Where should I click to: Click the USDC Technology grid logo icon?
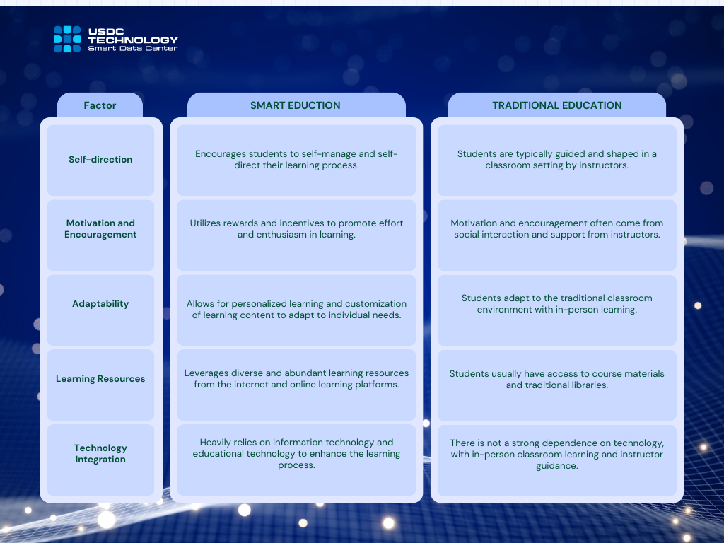click(67, 40)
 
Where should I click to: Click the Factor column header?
click(100, 105)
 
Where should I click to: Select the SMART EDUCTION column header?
click(296, 105)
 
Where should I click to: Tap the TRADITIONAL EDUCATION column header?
click(557, 105)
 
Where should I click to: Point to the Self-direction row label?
click(100, 160)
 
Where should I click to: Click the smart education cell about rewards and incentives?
click(296, 235)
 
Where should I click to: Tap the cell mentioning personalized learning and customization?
click(296, 310)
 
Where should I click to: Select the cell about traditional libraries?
click(557, 385)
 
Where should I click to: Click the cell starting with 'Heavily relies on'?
click(296, 460)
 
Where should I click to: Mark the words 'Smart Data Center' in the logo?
click(132, 49)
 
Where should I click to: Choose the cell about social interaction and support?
click(557, 235)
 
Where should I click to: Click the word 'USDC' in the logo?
click(106, 31)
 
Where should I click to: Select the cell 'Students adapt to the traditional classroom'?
click(557, 310)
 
